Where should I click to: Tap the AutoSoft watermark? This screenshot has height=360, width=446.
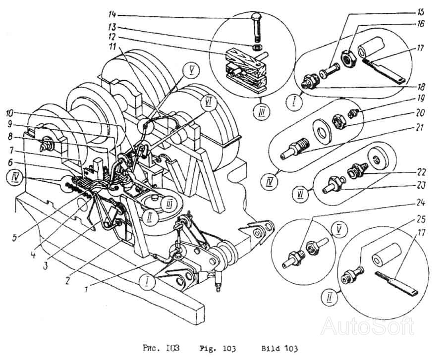click(367, 326)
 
